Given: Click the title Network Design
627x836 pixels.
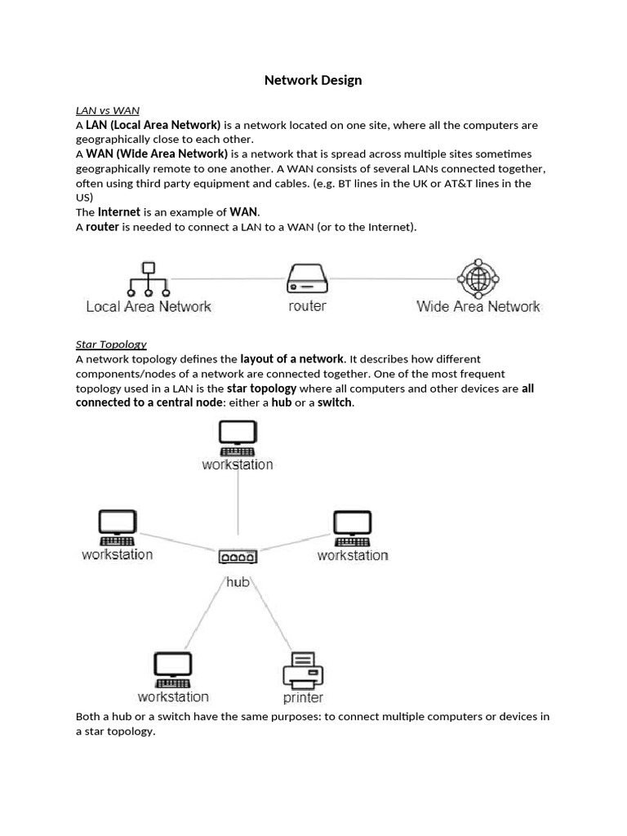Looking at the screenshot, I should (313, 80).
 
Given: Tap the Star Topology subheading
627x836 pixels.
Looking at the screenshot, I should (111, 344).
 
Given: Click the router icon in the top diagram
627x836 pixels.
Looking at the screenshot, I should (307, 278).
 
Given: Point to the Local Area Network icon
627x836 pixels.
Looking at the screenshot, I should (148, 278).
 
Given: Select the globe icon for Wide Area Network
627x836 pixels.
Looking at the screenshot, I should (478, 278).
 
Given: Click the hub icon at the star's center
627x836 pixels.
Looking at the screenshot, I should (238, 557).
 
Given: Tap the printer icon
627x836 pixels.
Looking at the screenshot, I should (303, 670).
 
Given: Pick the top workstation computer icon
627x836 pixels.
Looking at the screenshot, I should (238, 438).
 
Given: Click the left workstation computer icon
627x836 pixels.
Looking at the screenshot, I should (118, 527).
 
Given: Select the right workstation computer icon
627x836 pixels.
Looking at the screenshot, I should (353, 528).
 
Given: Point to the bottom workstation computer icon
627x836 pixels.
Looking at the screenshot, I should (173, 669).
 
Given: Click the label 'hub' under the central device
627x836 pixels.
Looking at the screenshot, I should (238, 582).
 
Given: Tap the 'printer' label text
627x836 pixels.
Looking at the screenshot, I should (303, 698).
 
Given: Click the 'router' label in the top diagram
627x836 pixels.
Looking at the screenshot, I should (307, 306).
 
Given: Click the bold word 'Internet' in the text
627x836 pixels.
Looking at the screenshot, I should (119, 212).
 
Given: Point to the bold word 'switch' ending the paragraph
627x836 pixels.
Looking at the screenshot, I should (335, 403).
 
